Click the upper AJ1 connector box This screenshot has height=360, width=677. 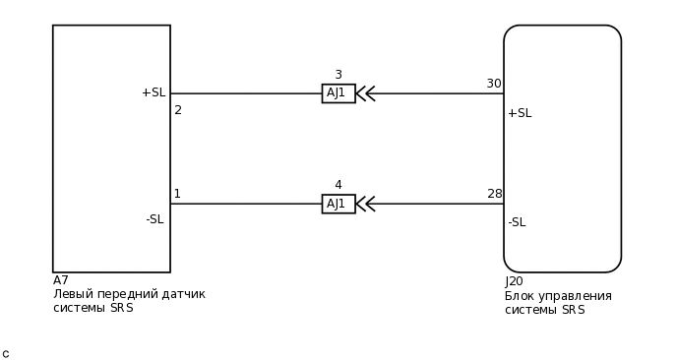coord(338,93)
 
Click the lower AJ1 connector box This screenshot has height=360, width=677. coord(338,204)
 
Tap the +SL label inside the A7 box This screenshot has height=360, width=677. coord(153,92)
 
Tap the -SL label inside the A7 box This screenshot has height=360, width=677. coord(154,219)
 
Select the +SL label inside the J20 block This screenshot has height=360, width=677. coord(520,113)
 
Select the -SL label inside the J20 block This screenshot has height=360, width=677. coord(517,222)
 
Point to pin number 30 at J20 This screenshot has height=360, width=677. coord(493,84)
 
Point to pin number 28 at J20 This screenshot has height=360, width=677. coord(494,194)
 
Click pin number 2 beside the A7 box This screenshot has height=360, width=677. coord(178,110)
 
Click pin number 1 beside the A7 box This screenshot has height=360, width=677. coord(177,194)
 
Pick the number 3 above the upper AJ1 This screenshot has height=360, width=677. coord(338,75)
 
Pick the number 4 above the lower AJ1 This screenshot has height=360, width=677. coord(338,185)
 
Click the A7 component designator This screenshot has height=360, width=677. coord(61,280)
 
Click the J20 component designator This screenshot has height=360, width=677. coord(514,281)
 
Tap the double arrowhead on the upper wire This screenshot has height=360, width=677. coord(365,93)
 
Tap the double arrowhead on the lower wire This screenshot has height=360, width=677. coord(365,204)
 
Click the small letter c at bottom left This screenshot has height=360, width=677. coord(5,354)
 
